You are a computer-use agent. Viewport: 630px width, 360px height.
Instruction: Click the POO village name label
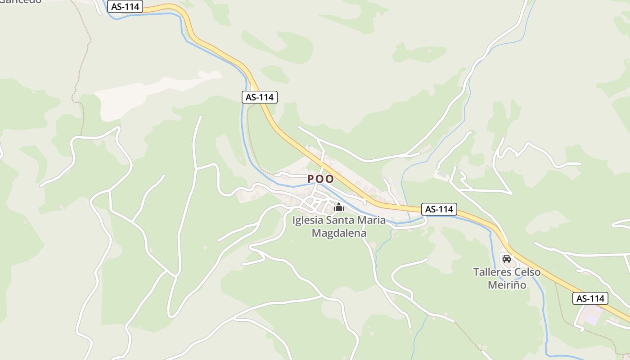321,179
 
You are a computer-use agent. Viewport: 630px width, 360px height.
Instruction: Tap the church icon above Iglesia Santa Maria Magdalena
338,207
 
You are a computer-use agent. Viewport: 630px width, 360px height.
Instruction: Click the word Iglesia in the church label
308,220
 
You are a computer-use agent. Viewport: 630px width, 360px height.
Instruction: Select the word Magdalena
339,233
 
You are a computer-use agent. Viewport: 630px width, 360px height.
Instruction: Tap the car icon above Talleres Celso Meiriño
507,258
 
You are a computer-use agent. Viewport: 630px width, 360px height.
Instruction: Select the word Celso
527,272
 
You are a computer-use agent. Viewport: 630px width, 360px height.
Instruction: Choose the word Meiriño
507,285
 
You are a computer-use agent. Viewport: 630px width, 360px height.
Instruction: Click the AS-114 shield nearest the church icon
439,209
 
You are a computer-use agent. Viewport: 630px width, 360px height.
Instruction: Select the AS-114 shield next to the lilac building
590,298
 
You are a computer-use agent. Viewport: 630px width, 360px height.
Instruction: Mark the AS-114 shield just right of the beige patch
259,97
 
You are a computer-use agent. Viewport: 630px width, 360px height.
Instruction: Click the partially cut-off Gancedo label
20,1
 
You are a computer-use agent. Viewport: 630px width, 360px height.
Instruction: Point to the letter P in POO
310,179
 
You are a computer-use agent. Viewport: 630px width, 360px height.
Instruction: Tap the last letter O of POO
330,179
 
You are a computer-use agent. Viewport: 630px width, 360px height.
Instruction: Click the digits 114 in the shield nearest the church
445,209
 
